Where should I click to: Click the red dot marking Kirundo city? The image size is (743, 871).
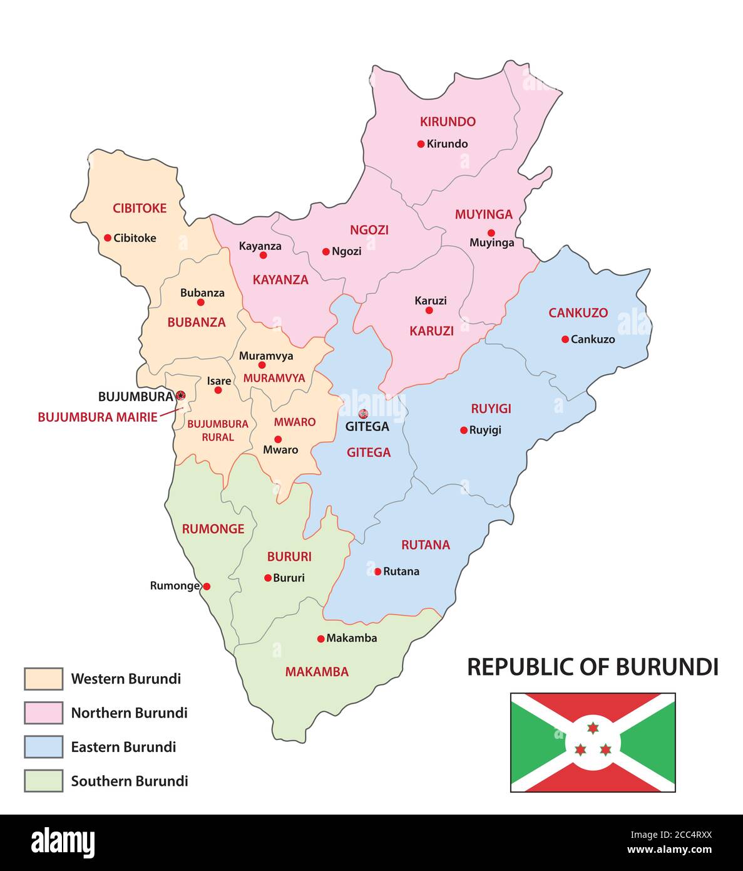421,144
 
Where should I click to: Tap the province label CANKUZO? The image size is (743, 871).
578,313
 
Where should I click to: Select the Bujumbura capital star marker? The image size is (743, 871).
181,395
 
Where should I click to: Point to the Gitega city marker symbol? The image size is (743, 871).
363,414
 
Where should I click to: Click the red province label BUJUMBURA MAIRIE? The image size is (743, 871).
98,417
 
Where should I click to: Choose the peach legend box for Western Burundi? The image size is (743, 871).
43,679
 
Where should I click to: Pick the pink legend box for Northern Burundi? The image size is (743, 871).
43,712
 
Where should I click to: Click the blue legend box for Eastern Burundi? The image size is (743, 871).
43,746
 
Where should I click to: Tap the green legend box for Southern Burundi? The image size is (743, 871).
43,781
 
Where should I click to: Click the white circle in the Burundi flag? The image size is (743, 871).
593,743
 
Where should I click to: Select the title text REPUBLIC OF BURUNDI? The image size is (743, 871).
592,667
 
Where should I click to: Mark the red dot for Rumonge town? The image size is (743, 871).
207,587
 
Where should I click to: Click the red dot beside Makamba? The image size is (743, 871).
321,639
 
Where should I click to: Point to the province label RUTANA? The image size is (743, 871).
426,545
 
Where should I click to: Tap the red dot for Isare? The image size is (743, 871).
218,390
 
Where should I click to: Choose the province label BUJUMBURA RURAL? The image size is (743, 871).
218,430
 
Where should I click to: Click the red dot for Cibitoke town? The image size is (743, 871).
108,237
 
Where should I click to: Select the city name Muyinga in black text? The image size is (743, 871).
492,243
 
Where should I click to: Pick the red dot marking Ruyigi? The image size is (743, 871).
464,430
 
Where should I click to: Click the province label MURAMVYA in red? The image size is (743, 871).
274,378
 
